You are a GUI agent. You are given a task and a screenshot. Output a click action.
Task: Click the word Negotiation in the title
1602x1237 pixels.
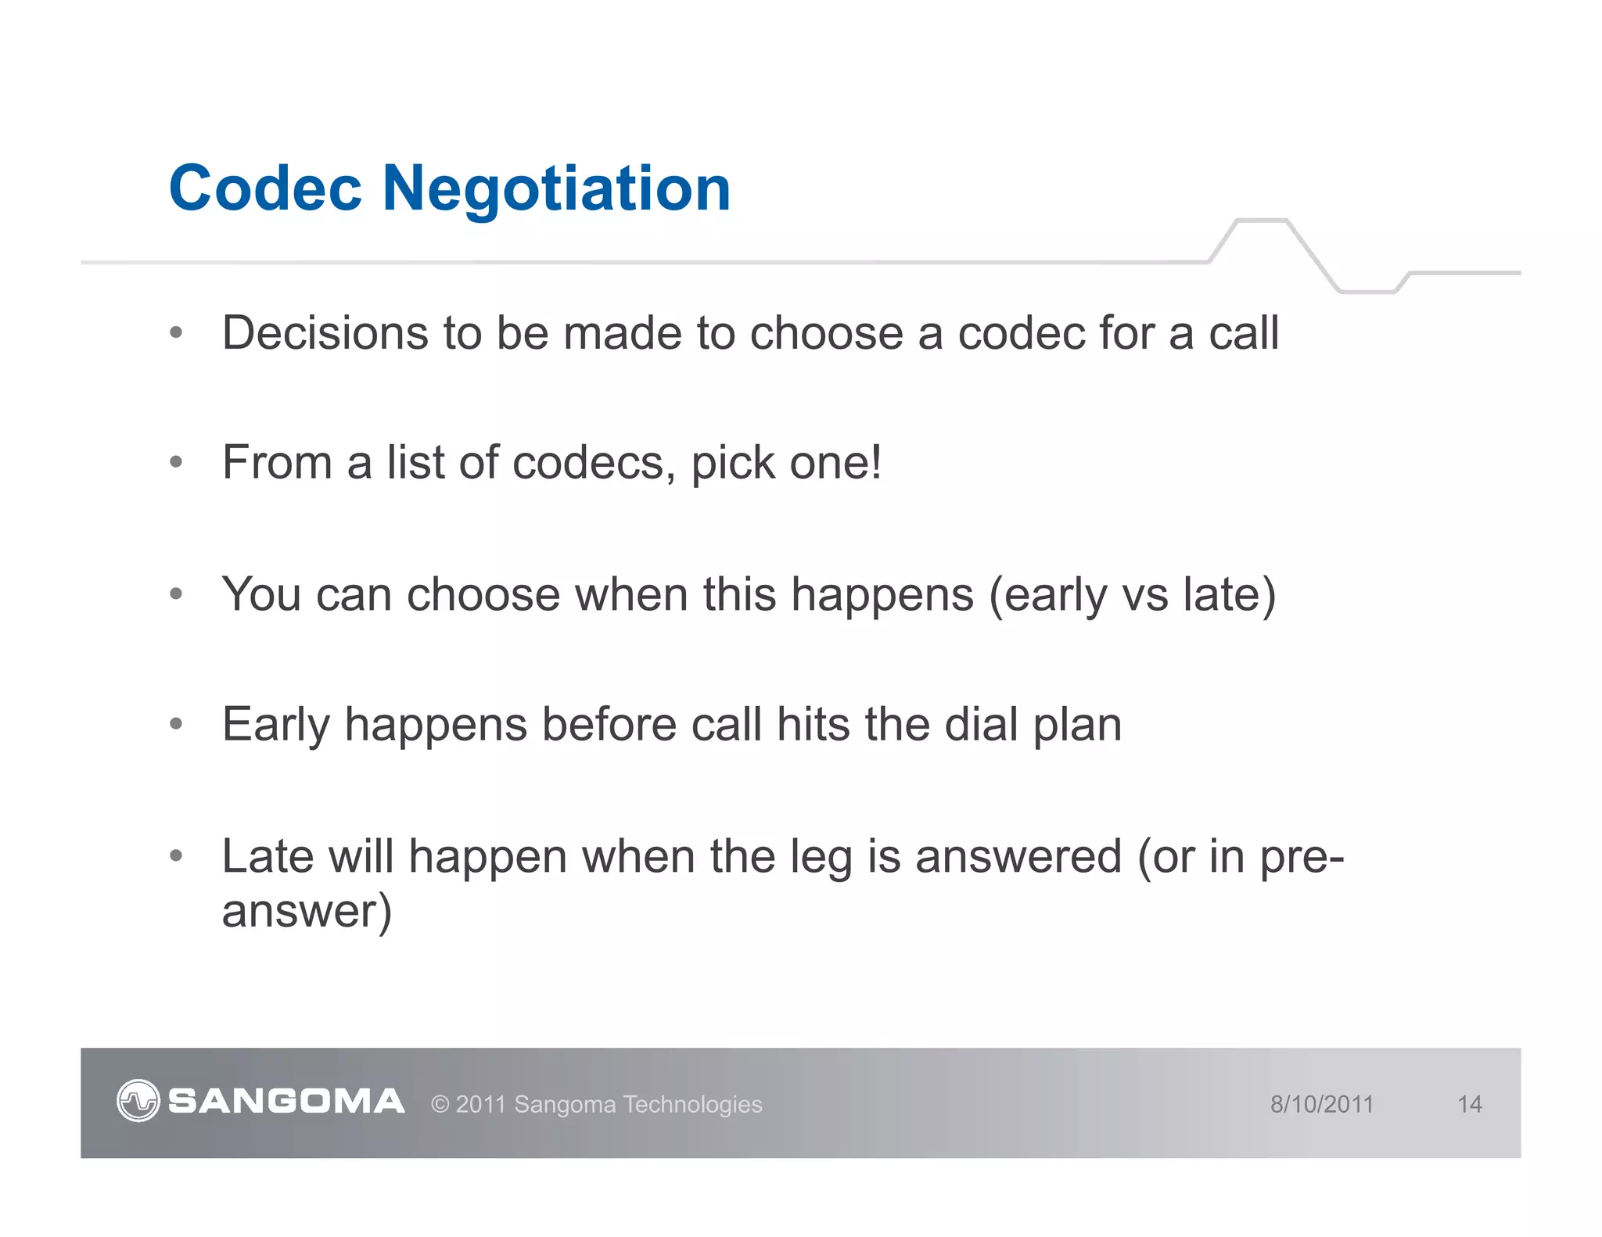click(x=556, y=190)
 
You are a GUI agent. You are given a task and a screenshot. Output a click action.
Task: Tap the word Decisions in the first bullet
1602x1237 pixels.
click(x=325, y=333)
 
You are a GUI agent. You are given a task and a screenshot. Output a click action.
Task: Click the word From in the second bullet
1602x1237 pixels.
click(x=278, y=462)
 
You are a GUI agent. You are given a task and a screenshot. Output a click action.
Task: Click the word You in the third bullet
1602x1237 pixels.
click(x=261, y=594)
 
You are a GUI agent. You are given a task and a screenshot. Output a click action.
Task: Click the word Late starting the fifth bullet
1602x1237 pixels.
click(x=268, y=856)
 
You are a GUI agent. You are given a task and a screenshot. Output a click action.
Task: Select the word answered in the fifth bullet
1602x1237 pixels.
click(x=1018, y=857)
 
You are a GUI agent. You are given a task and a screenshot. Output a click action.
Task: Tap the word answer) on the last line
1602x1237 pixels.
click(x=307, y=912)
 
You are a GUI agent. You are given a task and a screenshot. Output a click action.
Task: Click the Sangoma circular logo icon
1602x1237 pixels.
click(x=138, y=1101)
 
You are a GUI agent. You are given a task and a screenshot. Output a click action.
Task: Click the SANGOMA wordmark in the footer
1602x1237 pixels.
click(x=286, y=1101)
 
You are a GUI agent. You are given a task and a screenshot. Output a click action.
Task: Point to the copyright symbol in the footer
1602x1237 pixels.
click(x=440, y=1104)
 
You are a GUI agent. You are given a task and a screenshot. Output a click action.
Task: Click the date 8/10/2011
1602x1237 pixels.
click(x=1321, y=1104)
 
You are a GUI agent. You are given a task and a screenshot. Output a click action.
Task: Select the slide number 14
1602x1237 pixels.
click(x=1469, y=1104)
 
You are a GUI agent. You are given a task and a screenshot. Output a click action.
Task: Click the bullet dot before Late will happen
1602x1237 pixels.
click(x=176, y=855)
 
